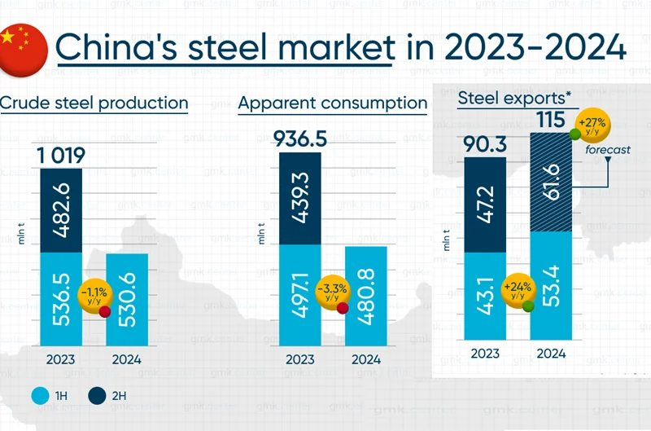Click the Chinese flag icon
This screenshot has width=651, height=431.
tap(23, 46)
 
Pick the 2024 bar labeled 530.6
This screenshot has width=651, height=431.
tap(127, 299)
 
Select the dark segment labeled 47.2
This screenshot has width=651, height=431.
tap(486, 205)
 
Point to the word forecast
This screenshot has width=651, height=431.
tap(607, 150)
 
